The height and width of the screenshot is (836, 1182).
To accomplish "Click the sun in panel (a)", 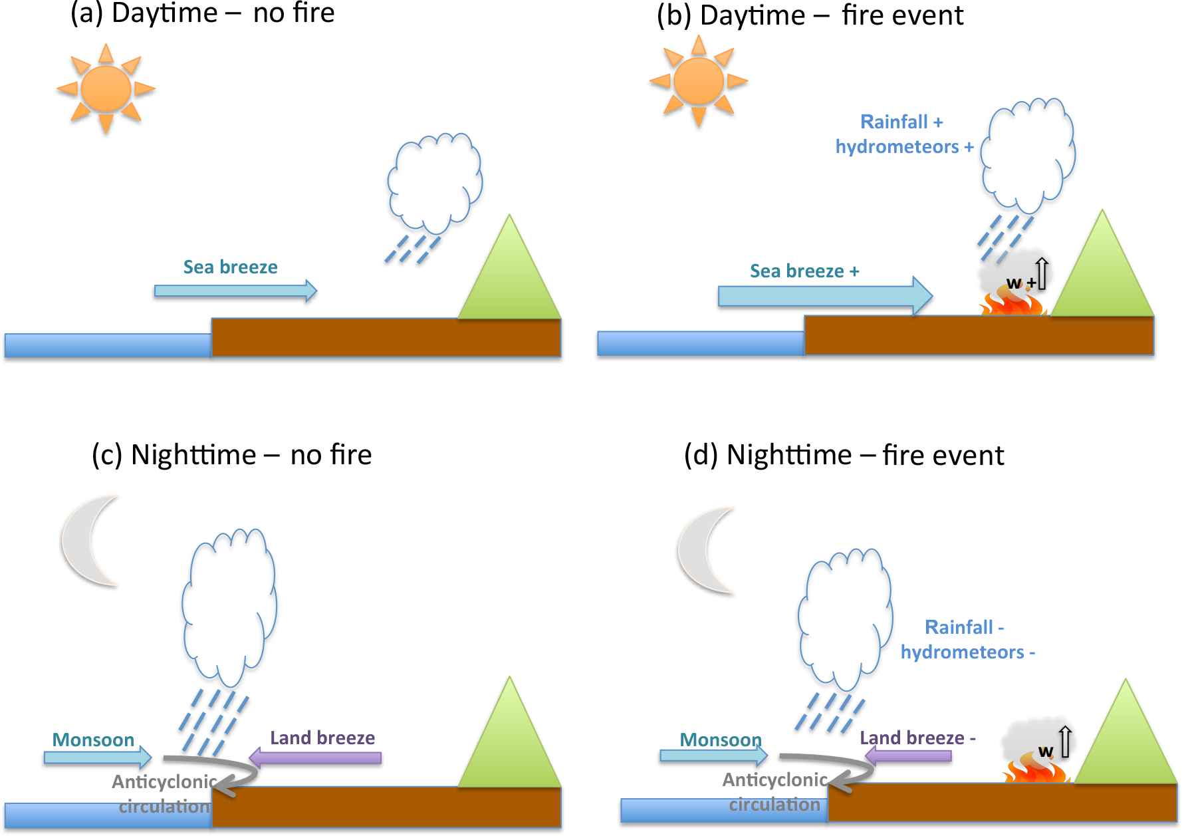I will [x=106, y=89].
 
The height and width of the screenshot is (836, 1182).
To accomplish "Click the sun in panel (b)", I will [x=698, y=81].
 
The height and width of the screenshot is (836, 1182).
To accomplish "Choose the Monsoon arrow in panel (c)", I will [x=97, y=757].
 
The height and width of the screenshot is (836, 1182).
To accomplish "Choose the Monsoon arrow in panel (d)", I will [x=713, y=755].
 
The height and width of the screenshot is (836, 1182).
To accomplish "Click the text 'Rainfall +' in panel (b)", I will [x=901, y=122].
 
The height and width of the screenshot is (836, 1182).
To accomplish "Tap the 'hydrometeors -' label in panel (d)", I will [x=967, y=652].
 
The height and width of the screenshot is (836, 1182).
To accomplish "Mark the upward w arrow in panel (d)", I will [x=1065, y=742].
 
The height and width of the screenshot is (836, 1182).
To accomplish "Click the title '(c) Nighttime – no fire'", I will [x=231, y=456].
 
